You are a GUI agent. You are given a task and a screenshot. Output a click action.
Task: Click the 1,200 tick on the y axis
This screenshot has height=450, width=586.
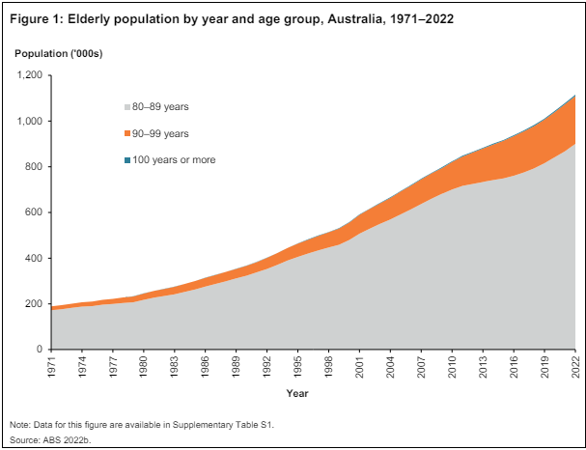point(29,75)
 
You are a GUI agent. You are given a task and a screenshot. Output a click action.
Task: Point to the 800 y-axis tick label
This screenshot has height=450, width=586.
point(34,167)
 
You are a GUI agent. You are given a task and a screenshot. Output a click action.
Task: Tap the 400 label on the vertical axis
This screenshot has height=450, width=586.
point(34,258)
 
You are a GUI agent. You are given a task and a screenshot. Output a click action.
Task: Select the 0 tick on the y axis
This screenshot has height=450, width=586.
point(40,350)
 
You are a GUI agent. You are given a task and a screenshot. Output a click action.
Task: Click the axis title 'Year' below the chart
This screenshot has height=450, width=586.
point(297,393)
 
